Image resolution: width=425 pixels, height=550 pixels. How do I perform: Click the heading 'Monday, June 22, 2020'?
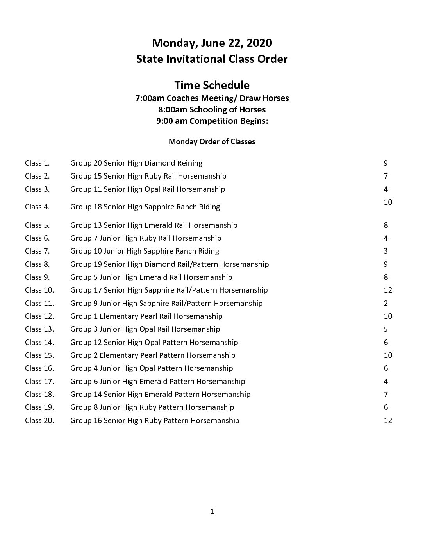click(212, 43)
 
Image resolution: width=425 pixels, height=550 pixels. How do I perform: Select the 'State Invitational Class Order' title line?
click(212, 59)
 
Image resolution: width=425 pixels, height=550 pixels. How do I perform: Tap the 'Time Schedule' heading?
click(212, 85)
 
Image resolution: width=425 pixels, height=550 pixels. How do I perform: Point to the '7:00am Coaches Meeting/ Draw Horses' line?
click(212, 98)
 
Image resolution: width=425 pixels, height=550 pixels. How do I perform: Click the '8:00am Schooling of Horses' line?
click(212, 109)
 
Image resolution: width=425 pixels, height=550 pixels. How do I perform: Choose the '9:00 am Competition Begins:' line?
click(212, 121)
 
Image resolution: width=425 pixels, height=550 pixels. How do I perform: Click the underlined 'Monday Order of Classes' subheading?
click(212, 141)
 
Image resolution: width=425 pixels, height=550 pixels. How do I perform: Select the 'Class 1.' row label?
click(37, 163)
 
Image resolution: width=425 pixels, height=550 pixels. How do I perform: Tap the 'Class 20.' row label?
click(39, 420)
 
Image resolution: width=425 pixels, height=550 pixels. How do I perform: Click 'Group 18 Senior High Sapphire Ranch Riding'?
click(145, 207)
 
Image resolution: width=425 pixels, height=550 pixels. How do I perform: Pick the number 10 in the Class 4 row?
click(387, 202)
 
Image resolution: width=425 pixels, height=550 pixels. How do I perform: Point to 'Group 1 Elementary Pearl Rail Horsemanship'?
click(146, 316)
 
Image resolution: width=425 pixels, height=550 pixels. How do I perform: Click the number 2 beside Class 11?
click(386, 303)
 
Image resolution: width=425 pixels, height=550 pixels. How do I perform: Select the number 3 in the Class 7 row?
click(386, 251)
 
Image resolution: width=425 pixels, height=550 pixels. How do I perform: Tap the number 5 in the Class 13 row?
click(386, 329)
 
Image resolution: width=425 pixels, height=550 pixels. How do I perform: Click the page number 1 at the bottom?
click(212, 511)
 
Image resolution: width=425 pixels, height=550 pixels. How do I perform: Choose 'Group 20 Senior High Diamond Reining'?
click(136, 163)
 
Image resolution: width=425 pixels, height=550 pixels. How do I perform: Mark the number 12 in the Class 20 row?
click(387, 420)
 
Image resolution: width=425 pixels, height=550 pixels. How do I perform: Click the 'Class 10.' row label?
click(39, 290)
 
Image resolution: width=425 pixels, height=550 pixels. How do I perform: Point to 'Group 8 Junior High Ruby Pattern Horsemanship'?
click(152, 407)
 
